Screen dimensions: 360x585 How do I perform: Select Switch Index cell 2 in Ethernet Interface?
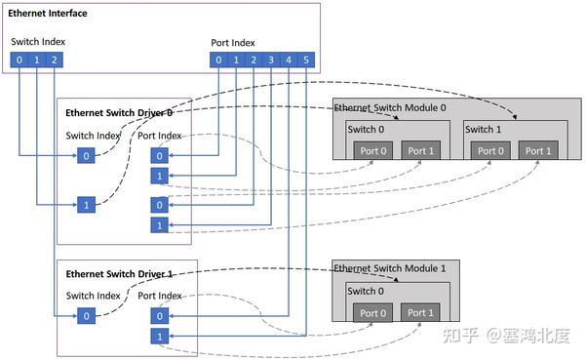tap(55, 60)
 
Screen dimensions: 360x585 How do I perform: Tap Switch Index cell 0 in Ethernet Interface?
tap(19, 60)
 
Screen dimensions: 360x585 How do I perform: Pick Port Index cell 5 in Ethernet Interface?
tap(306, 60)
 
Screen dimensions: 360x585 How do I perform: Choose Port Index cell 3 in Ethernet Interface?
tap(271, 60)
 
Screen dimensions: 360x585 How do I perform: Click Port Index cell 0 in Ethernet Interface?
tap(218, 60)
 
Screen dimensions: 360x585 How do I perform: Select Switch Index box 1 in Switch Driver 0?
tap(86, 205)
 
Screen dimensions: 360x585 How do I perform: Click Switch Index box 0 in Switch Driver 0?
tap(86, 155)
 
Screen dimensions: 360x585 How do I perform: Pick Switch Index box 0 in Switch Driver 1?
tap(86, 315)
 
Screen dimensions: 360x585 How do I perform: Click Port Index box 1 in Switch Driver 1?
tap(158, 337)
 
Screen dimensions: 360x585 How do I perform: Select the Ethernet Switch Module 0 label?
tap(390, 106)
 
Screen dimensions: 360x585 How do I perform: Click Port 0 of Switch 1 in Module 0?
tap(487, 150)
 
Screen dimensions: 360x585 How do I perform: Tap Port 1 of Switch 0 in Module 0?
tap(421, 150)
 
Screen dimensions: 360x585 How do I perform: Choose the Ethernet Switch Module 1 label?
tap(390, 267)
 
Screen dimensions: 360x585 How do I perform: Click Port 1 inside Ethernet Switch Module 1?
tap(421, 312)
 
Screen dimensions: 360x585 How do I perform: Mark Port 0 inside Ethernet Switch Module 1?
tap(370, 312)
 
